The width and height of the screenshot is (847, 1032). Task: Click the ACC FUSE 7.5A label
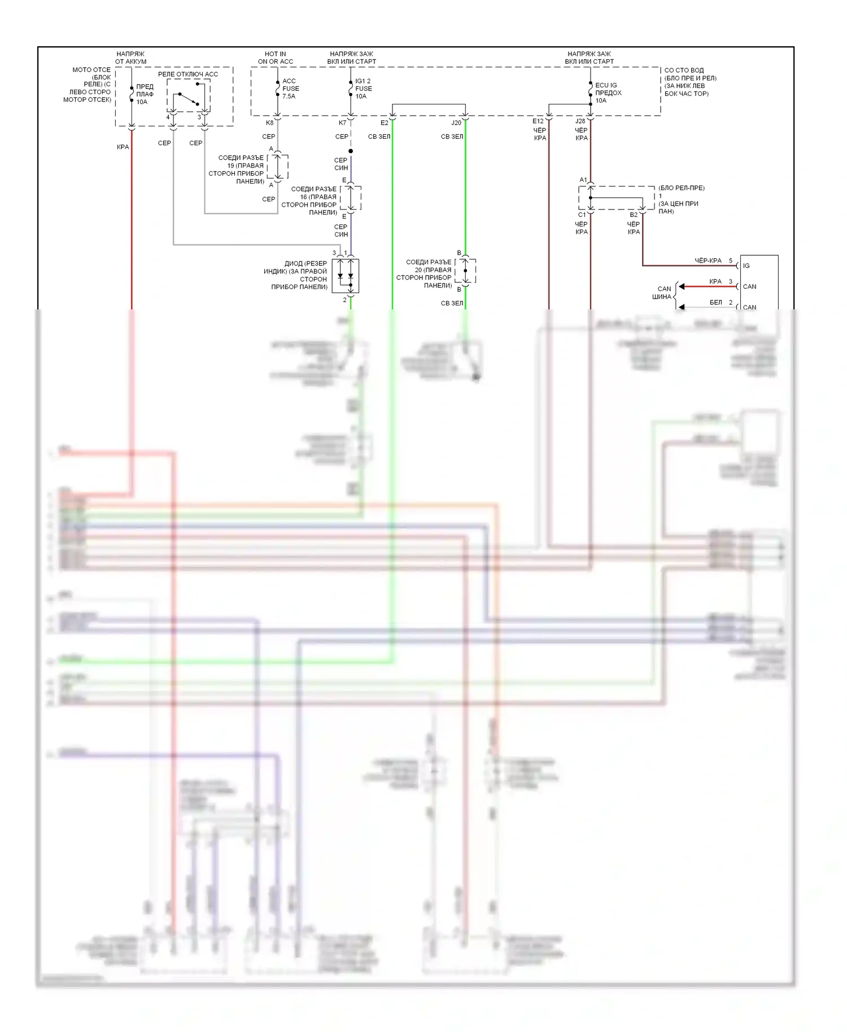[x=290, y=89]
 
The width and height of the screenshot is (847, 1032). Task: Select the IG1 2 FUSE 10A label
[x=363, y=89]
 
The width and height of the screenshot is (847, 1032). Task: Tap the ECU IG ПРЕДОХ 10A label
[x=608, y=93]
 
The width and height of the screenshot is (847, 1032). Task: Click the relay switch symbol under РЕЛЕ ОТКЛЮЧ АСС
[x=189, y=98]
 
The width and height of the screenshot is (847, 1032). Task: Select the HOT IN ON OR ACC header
[x=276, y=58]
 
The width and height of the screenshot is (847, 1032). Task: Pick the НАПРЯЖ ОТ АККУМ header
[x=130, y=58]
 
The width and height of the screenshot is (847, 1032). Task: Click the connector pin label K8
[x=269, y=123]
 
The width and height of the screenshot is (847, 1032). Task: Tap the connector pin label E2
[x=384, y=123]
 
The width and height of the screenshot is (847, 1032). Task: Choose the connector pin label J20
[x=456, y=123]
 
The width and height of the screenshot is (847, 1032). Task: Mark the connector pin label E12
[x=538, y=121]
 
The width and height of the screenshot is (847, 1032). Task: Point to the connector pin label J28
[x=580, y=121]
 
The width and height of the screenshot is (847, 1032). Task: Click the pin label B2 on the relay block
[x=634, y=215]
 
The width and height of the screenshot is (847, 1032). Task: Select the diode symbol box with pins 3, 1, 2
[x=345, y=276]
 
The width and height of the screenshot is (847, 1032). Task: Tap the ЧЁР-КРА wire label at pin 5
[x=708, y=261]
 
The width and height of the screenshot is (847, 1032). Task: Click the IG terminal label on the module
[x=746, y=266]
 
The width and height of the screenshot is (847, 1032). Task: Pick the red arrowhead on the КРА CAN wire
[x=682, y=286]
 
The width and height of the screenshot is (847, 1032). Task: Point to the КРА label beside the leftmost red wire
[x=123, y=147]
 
